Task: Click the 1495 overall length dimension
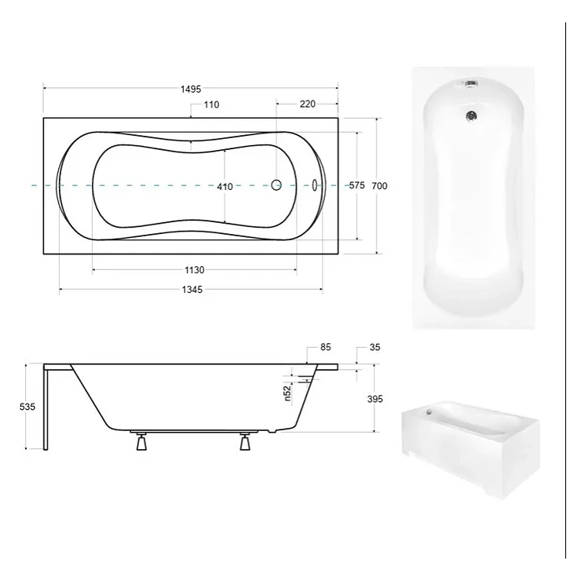click(x=191, y=90)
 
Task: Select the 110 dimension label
click(x=211, y=105)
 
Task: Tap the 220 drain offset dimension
click(x=308, y=104)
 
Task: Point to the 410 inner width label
click(x=225, y=186)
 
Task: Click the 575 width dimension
click(x=356, y=185)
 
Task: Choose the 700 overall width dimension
click(x=379, y=186)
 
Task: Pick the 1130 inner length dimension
click(x=195, y=270)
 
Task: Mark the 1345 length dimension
click(x=192, y=290)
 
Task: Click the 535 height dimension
click(x=27, y=407)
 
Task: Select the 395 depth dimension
click(x=375, y=399)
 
